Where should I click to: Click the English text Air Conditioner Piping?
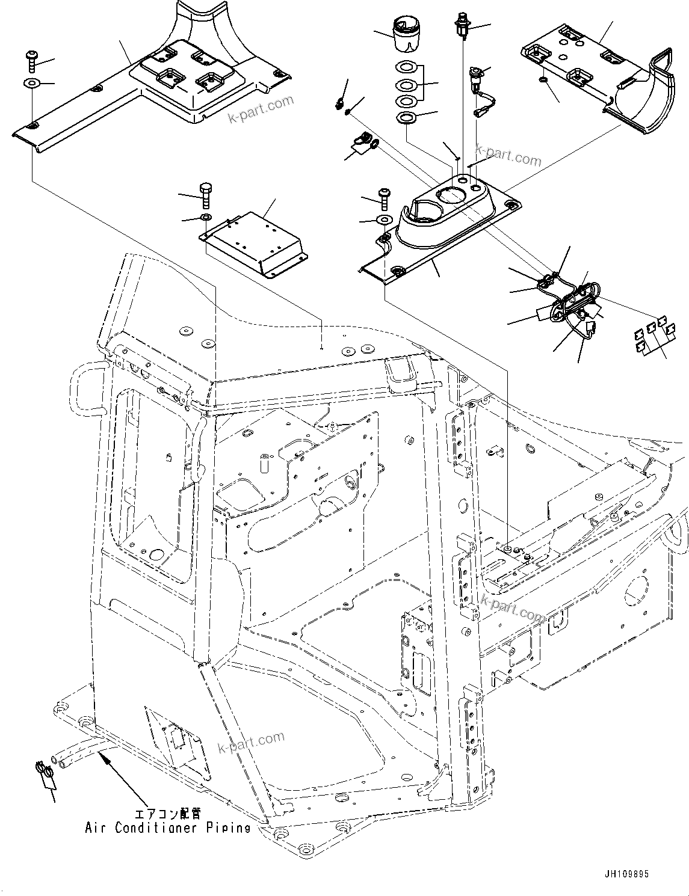click(x=167, y=828)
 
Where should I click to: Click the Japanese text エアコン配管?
click(x=165, y=815)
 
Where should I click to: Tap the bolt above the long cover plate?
click(x=31, y=60)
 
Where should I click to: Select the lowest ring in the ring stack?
click(x=407, y=117)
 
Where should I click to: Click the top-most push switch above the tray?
click(x=462, y=22)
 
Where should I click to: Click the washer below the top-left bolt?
click(x=30, y=83)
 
